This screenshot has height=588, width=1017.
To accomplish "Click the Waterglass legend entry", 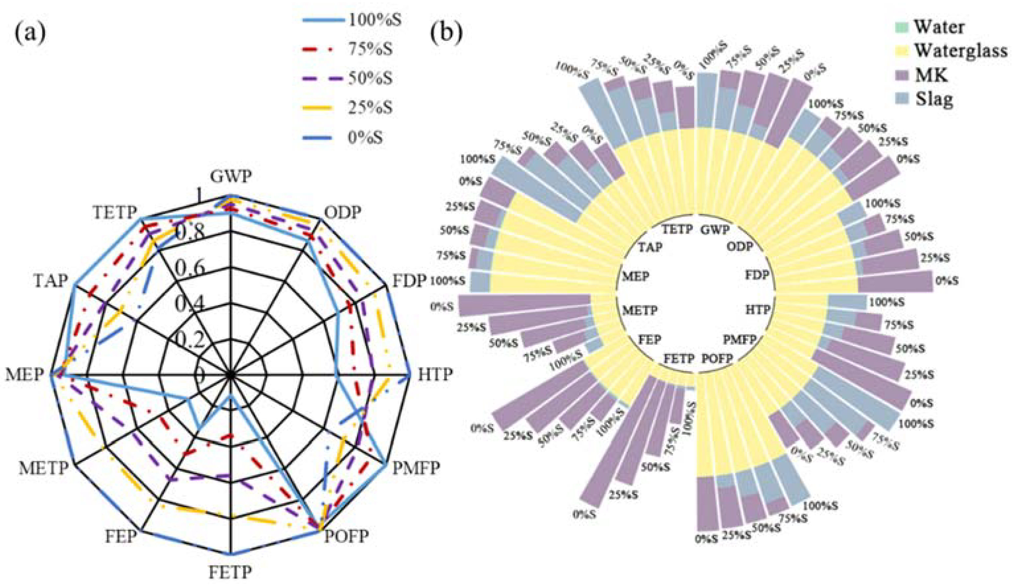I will coord(960,51).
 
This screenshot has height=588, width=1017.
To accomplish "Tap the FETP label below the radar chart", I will coord(230,572).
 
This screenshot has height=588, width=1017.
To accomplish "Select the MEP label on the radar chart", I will coord(24,375).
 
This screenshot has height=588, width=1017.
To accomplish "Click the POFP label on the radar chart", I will coord(347,536).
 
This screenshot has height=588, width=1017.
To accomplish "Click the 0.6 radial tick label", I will coord(190,268).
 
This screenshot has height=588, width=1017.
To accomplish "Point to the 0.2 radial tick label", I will coord(190,341).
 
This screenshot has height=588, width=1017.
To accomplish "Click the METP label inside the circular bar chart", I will coord(640,310).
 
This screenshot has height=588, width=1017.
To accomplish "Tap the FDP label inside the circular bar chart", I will coord(757,276).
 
